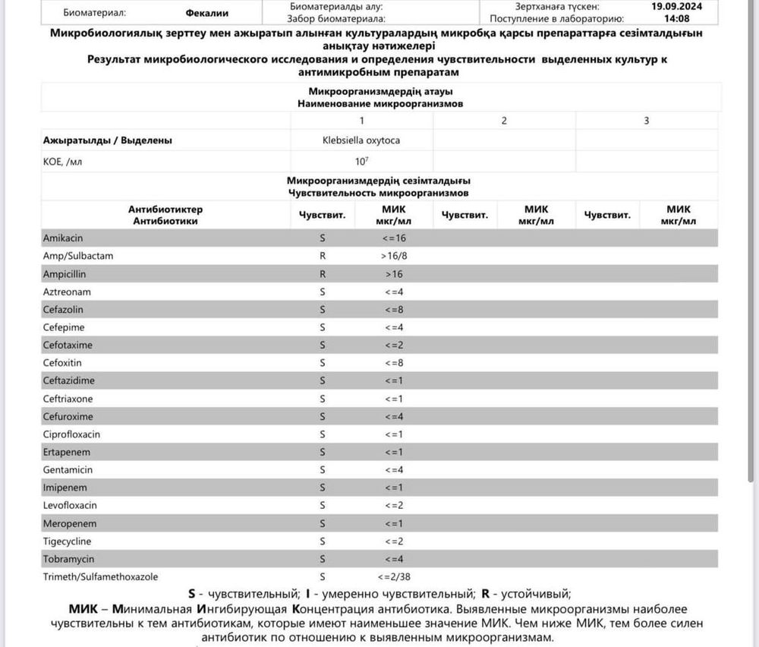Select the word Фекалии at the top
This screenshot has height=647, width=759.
(206, 13)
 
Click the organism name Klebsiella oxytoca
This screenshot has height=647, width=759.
(361, 140)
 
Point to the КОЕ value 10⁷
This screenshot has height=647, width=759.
(361, 161)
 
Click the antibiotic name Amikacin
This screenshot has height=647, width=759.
(63, 238)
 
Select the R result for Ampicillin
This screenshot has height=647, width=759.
(323, 274)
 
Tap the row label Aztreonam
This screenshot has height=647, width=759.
(66, 292)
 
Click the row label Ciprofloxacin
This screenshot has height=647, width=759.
(71, 434)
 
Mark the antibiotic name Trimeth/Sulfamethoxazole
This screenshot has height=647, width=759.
(100, 577)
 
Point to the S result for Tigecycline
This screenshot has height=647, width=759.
(323, 541)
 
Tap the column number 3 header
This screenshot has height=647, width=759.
(646, 121)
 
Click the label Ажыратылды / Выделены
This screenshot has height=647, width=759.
(107, 140)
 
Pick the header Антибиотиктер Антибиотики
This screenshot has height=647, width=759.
(165, 215)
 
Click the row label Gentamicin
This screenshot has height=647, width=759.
(68, 470)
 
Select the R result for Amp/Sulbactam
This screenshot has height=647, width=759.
(323, 256)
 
